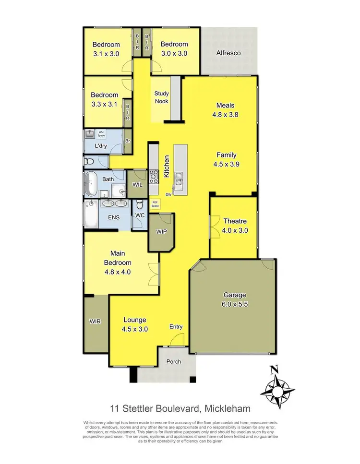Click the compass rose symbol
(274, 387)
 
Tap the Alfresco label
(228, 53)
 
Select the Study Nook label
(161, 97)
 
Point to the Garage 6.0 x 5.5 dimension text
(235, 304)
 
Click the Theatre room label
(235, 221)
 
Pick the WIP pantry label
(161, 231)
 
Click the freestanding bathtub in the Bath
(90, 184)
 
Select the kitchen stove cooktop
(154, 177)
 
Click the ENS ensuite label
(113, 217)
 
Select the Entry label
(176, 327)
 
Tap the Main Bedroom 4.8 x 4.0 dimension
(118, 272)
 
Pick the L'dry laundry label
(100, 146)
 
